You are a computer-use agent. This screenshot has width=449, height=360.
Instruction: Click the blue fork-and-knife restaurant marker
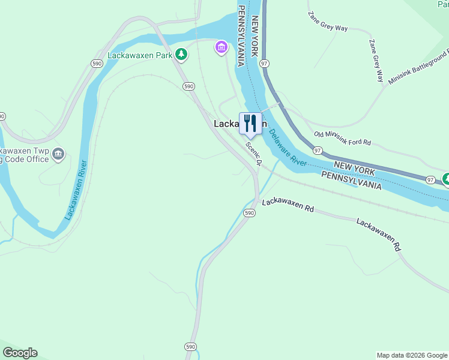tap(250, 124)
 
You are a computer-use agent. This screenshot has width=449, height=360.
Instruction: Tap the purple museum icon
tap(221, 47)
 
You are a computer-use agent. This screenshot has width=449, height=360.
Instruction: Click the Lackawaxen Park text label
tap(140, 55)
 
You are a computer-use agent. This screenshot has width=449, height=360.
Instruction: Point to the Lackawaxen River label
tap(76, 189)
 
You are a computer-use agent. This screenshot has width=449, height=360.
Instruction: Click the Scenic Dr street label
tap(255, 154)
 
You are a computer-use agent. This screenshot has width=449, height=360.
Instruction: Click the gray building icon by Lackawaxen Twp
tap(58, 154)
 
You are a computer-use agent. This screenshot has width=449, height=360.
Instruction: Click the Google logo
tap(20, 353)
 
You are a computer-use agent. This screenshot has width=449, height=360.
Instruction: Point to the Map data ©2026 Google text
tap(412, 355)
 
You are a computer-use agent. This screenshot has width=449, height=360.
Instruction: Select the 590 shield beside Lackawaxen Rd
tap(250, 213)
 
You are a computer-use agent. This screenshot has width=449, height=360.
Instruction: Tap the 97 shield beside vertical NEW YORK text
tap(265, 62)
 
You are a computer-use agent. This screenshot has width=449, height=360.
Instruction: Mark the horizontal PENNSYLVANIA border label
tap(351, 181)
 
